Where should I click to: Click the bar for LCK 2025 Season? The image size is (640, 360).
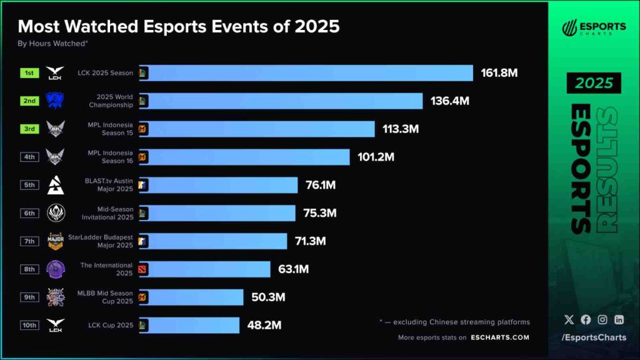[306, 73]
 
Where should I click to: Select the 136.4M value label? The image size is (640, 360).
[449, 101]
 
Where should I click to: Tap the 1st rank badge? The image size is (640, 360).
[29, 73]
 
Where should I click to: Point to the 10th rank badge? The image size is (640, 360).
[29, 325]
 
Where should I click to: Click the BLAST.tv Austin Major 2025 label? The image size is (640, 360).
[109, 185]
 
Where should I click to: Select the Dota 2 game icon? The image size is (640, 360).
[143, 269]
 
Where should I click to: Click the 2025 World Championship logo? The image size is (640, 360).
[55, 101]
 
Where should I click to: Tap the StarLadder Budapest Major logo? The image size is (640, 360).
[55, 241]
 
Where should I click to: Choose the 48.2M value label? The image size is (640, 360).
[261, 325]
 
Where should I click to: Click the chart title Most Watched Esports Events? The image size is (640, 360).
[179, 26]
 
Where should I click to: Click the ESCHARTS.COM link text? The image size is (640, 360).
[499, 337]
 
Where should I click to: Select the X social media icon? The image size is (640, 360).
[569, 319]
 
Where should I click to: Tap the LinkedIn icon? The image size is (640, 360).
[619, 319]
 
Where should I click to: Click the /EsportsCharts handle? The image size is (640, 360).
[593, 338]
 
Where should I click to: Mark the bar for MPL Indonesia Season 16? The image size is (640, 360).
[244, 157]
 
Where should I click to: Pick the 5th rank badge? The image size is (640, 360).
[29, 185]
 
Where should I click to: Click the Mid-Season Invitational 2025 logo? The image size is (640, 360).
[55, 213]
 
